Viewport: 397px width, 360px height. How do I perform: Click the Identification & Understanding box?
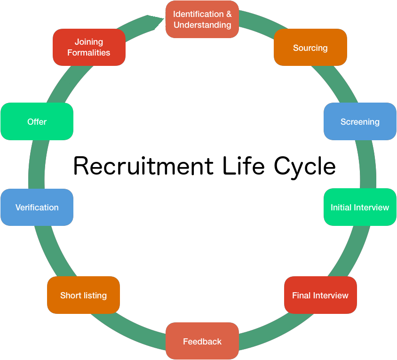pyautogui.click(x=202, y=19)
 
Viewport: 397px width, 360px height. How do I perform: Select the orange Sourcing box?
pyautogui.click(x=310, y=48)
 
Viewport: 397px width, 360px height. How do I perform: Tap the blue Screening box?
pyautogui.click(x=360, y=121)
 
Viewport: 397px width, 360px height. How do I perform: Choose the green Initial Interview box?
pyautogui.click(x=360, y=207)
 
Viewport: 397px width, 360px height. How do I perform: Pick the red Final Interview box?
pyautogui.click(x=320, y=295)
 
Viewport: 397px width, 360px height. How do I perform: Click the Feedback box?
pyautogui.click(x=202, y=341)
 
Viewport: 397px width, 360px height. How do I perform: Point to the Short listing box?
pyautogui.click(x=83, y=295)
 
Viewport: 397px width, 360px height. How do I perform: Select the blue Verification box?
pyautogui.click(x=37, y=207)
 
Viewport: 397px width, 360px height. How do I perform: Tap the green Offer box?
pyautogui.click(x=37, y=121)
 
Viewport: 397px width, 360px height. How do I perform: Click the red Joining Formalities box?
pyautogui.click(x=89, y=47)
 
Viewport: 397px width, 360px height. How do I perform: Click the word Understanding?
pyautogui.click(x=202, y=25)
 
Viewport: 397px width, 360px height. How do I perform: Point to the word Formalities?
pyautogui.click(x=89, y=53)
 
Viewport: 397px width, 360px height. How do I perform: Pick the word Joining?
pyautogui.click(x=89, y=42)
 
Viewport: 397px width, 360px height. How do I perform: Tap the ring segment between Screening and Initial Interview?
pyautogui.click(x=368, y=165)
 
